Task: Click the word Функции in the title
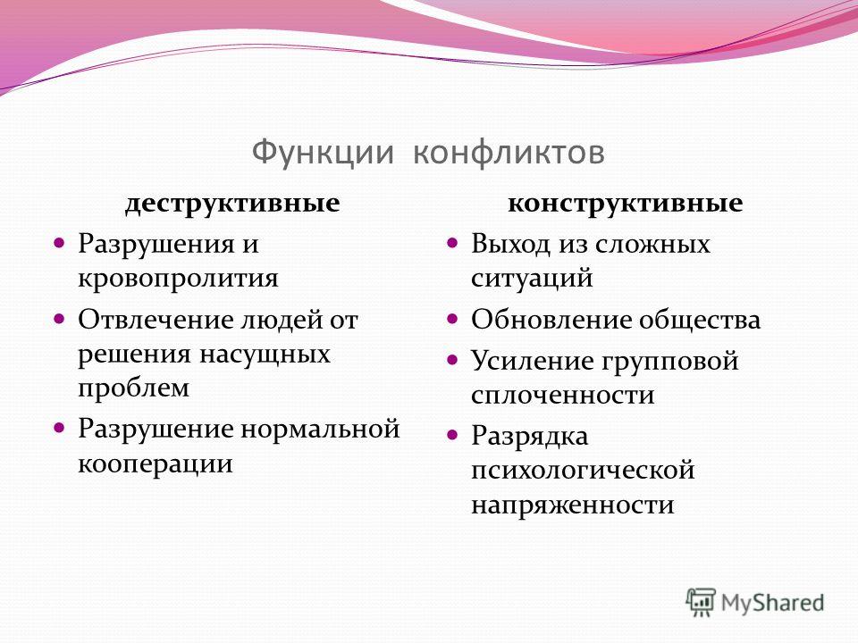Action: (323, 153)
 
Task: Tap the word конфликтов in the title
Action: (509, 152)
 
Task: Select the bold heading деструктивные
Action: (232, 204)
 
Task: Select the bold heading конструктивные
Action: (626, 204)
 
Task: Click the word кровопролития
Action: (178, 279)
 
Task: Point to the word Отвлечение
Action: (156, 320)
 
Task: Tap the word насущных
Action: (265, 355)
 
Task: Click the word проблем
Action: (133, 388)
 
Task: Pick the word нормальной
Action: (320, 429)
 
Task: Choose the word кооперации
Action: (156, 464)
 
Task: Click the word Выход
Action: (510, 244)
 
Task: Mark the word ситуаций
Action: (532, 279)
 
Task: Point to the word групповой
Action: (671, 362)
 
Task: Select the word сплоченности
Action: (562, 395)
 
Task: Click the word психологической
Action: (583, 471)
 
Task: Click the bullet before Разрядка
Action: (452, 435)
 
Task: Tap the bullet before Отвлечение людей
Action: (59, 318)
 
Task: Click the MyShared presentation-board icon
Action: (701, 601)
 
